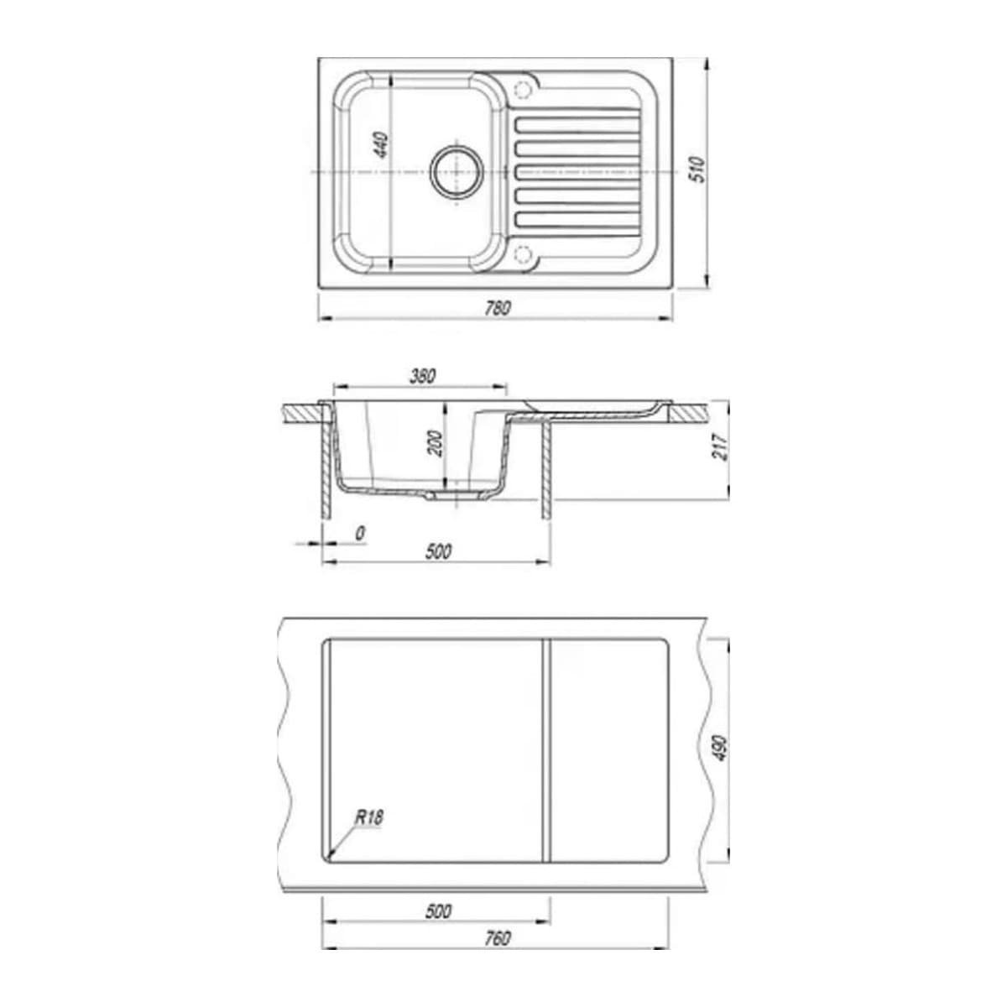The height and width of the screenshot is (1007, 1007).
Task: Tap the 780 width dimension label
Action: coord(497,308)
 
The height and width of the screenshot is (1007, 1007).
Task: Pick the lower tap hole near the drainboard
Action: coord(524,253)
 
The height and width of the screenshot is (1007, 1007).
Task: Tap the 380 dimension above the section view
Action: coord(421,376)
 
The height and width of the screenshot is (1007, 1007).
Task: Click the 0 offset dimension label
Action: coord(359,533)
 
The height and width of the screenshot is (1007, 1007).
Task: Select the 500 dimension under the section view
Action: coord(438,551)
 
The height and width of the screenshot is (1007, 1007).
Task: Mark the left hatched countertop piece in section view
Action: coord(303,413)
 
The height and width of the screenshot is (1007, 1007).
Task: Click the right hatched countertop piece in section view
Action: coord(688,412)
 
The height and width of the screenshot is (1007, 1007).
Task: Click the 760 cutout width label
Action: coord(497,938)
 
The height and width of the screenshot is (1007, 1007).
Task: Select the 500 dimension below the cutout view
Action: coord(438,911)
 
